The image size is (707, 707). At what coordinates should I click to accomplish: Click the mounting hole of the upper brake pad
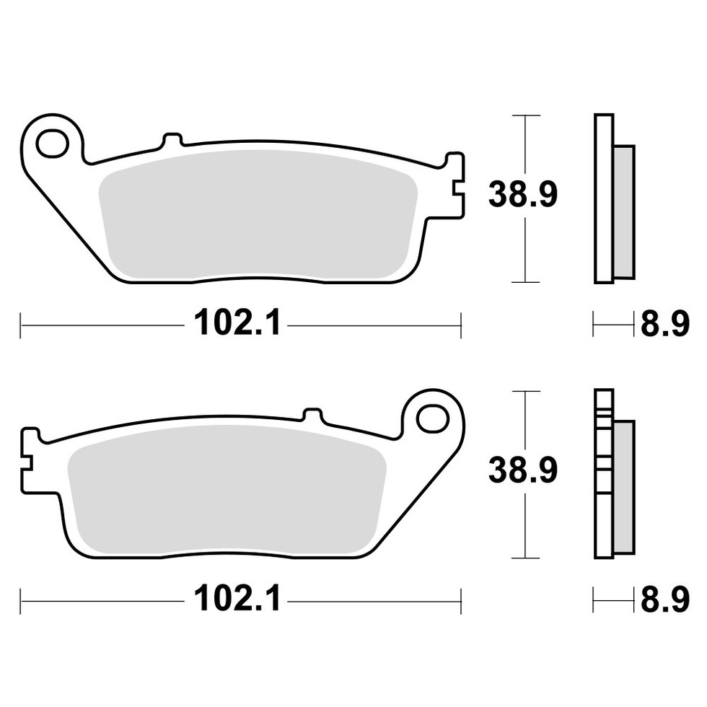52,144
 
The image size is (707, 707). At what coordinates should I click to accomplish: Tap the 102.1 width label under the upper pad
237,322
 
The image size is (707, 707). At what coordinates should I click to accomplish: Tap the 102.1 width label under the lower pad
237,598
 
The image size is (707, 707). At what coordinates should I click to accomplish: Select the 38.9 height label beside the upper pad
523,194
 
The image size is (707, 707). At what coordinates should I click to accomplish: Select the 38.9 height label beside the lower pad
523,470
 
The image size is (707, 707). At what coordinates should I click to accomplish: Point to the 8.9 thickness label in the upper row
665,323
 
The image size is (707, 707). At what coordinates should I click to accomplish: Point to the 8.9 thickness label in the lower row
665,600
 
